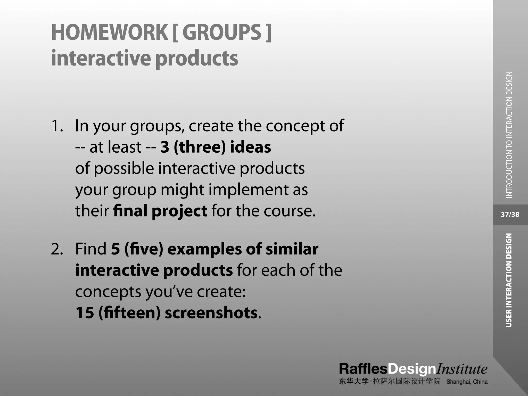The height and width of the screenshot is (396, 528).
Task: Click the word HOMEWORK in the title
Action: pos(110,32)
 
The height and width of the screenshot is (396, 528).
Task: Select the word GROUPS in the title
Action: pos(222,32)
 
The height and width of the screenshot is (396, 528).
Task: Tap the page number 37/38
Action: pos(510,215)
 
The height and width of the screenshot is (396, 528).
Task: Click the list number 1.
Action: pos(57,126)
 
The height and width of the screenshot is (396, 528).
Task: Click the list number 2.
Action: pos(57,249)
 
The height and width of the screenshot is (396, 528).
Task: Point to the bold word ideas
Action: pos(250,147)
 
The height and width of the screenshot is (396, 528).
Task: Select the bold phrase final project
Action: pos(160,211)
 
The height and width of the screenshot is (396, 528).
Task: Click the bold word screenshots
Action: pos(211,313)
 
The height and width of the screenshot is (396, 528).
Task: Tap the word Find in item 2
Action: pos(91,249)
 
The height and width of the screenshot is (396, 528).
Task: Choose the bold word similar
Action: pos(292,249)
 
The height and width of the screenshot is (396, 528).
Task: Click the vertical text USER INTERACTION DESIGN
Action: pos(509,280)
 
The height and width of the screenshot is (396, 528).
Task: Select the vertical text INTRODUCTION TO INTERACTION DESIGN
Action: pos(509,135)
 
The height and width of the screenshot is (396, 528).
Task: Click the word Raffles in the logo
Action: pos(363,369)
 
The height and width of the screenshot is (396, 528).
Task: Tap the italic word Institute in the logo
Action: pos(461,369)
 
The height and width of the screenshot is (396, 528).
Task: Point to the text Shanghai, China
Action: pos(467,382)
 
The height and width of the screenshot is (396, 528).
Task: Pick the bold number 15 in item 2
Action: pos(85,313)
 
